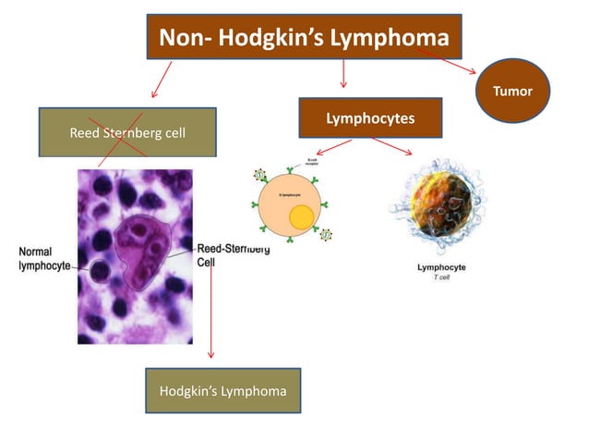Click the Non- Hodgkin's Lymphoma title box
click(305, 37)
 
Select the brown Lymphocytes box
click(369, 118)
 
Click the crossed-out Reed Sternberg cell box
click(127, 132)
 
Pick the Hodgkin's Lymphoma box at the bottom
click(222, 391)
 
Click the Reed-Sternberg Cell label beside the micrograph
click(234, 255)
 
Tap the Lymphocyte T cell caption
click(441, 271)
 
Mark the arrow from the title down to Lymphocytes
click(343, 74)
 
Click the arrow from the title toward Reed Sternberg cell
click(162, 80)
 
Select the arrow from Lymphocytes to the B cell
click(333, 147)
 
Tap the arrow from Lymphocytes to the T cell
click(393, 147)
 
